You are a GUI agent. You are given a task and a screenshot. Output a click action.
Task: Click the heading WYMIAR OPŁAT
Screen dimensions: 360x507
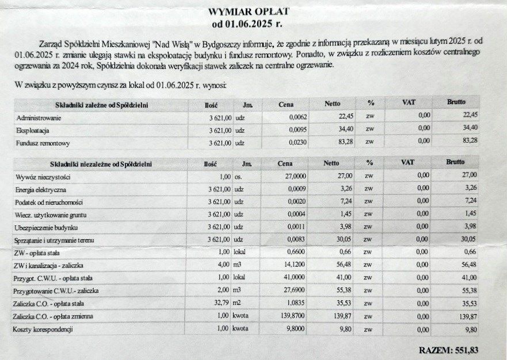tap(248, 12)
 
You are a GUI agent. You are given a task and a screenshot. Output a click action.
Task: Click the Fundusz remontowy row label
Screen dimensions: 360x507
tap(43, 143)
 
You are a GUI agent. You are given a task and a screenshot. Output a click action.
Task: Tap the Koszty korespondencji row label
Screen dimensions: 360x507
tap(43, 329)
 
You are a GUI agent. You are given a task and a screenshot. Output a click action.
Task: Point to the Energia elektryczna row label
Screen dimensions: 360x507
tap(41, 189)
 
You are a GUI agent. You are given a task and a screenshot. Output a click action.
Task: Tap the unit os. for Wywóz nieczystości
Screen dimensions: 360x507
tap(238, 177)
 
